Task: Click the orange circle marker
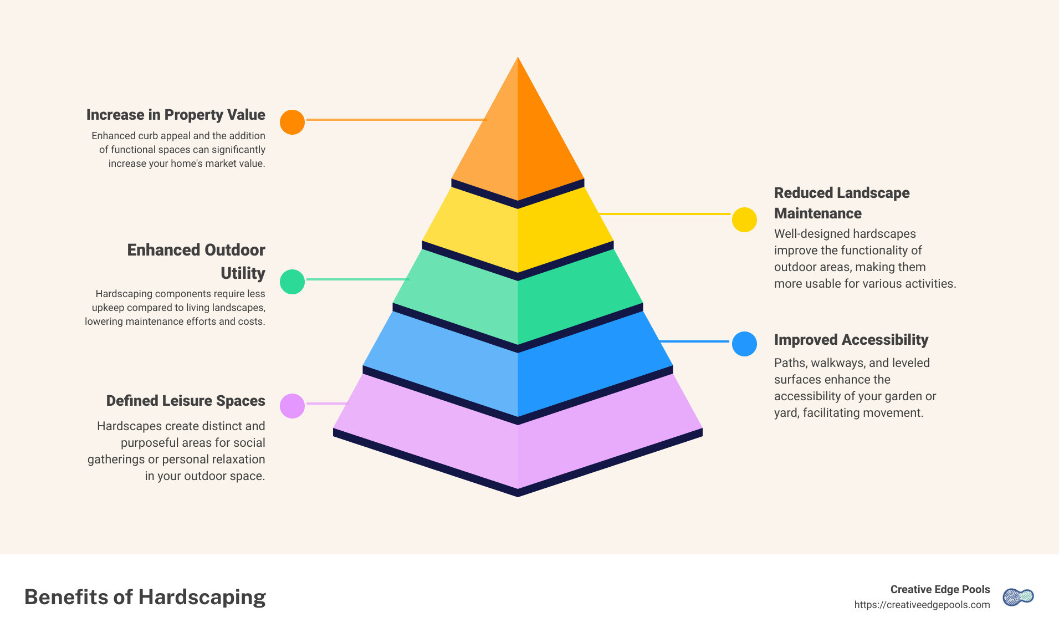(x=292, y=122)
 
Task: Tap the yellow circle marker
(x=744, y=220)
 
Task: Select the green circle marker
(x=292, y=282)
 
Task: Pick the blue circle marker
(x=744, y=344)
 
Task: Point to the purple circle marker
(x=292, y=406)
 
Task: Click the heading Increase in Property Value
(x=176, y=115)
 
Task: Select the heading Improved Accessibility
(x=851, y=340)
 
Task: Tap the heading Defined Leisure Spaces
(x=186, y=401)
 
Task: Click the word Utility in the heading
(x=243, y=273)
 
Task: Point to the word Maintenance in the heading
(x=817, y=213)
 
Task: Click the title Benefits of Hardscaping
(x=145, y=597)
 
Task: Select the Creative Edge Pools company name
(x=940, y=589)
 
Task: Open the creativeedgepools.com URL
(x=922, y=605)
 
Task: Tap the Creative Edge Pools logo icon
(x=1018, y=597)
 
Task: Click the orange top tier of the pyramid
(x=518, y=139)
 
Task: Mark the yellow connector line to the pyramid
(x=665, y=213)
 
